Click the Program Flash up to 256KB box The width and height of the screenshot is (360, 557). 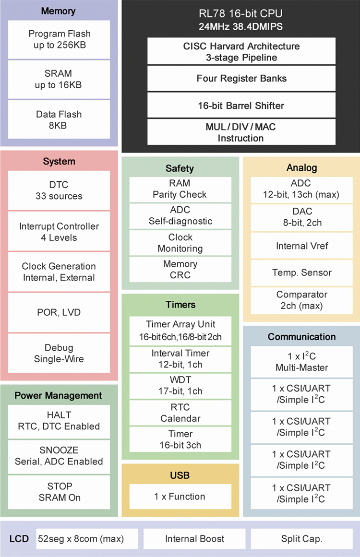(x=59, y=39)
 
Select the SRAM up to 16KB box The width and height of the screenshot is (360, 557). (x=59, y=79)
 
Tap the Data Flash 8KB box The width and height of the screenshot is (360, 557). (x=59, y=119)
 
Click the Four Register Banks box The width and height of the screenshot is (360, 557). (x=241, y=78)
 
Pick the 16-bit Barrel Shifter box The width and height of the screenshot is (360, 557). (x=241, y=105)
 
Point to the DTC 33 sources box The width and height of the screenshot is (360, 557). (x=59, y=190)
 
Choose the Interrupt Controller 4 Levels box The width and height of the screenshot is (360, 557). (x=59, y=232)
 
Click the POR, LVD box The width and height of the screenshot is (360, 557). (x=59, y=312)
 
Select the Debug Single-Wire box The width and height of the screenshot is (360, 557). (x=59, y=353)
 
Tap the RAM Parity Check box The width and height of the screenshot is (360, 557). (x=180, y=189)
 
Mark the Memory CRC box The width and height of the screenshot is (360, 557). (x=180, y=270)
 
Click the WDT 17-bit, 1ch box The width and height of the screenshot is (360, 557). (x=180, y=385)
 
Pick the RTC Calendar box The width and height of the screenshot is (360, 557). (x=180, y=413)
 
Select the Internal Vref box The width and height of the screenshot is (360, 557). (x=302, y=246)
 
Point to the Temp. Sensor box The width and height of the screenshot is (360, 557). (x=302, y=273)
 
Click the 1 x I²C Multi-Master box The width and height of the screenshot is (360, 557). (x=301, y=362)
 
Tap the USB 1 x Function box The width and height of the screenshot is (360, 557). (x=180, y=497)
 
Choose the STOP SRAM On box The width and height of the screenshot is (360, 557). (x=59, y=492)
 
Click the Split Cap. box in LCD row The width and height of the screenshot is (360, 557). (x=301, y=539)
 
